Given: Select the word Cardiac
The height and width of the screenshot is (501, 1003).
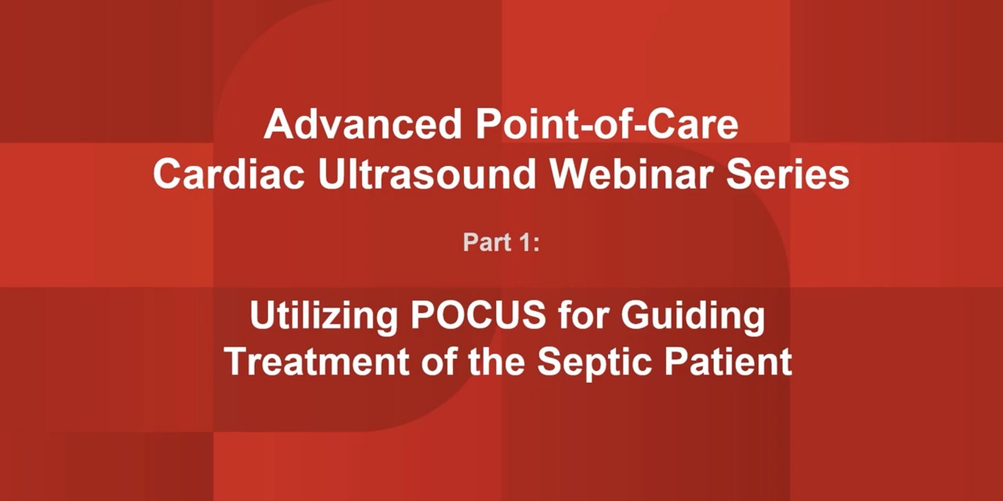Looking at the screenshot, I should (x=229, y=173).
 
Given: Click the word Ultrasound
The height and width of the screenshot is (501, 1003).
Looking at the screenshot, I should (x=427, y=173).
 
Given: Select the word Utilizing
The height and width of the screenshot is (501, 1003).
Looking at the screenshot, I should (x=324, y=315).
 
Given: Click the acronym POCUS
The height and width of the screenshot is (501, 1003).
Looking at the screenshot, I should (x=478, y=315).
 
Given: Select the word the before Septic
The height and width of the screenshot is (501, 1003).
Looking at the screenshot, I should (x=496, y=361).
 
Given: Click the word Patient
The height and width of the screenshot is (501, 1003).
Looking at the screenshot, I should (x=728, y=361).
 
